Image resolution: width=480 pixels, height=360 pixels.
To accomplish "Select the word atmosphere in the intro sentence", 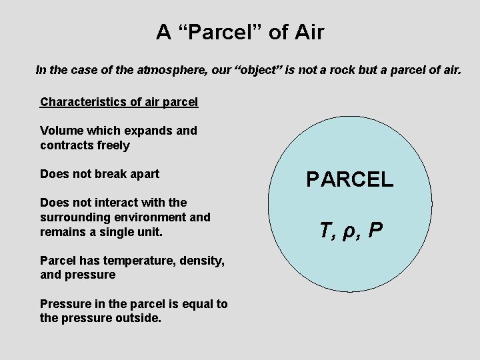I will pyautogui.click(x=169, y=69).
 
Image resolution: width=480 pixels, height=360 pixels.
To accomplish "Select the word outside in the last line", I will pyautogui.click(x=137, y=319).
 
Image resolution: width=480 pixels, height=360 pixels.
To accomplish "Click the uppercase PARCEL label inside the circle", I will pyautogui.click(x=350, y=179).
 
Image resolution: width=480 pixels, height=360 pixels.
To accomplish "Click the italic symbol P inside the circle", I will pyautogui.click(x=375, y=231).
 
